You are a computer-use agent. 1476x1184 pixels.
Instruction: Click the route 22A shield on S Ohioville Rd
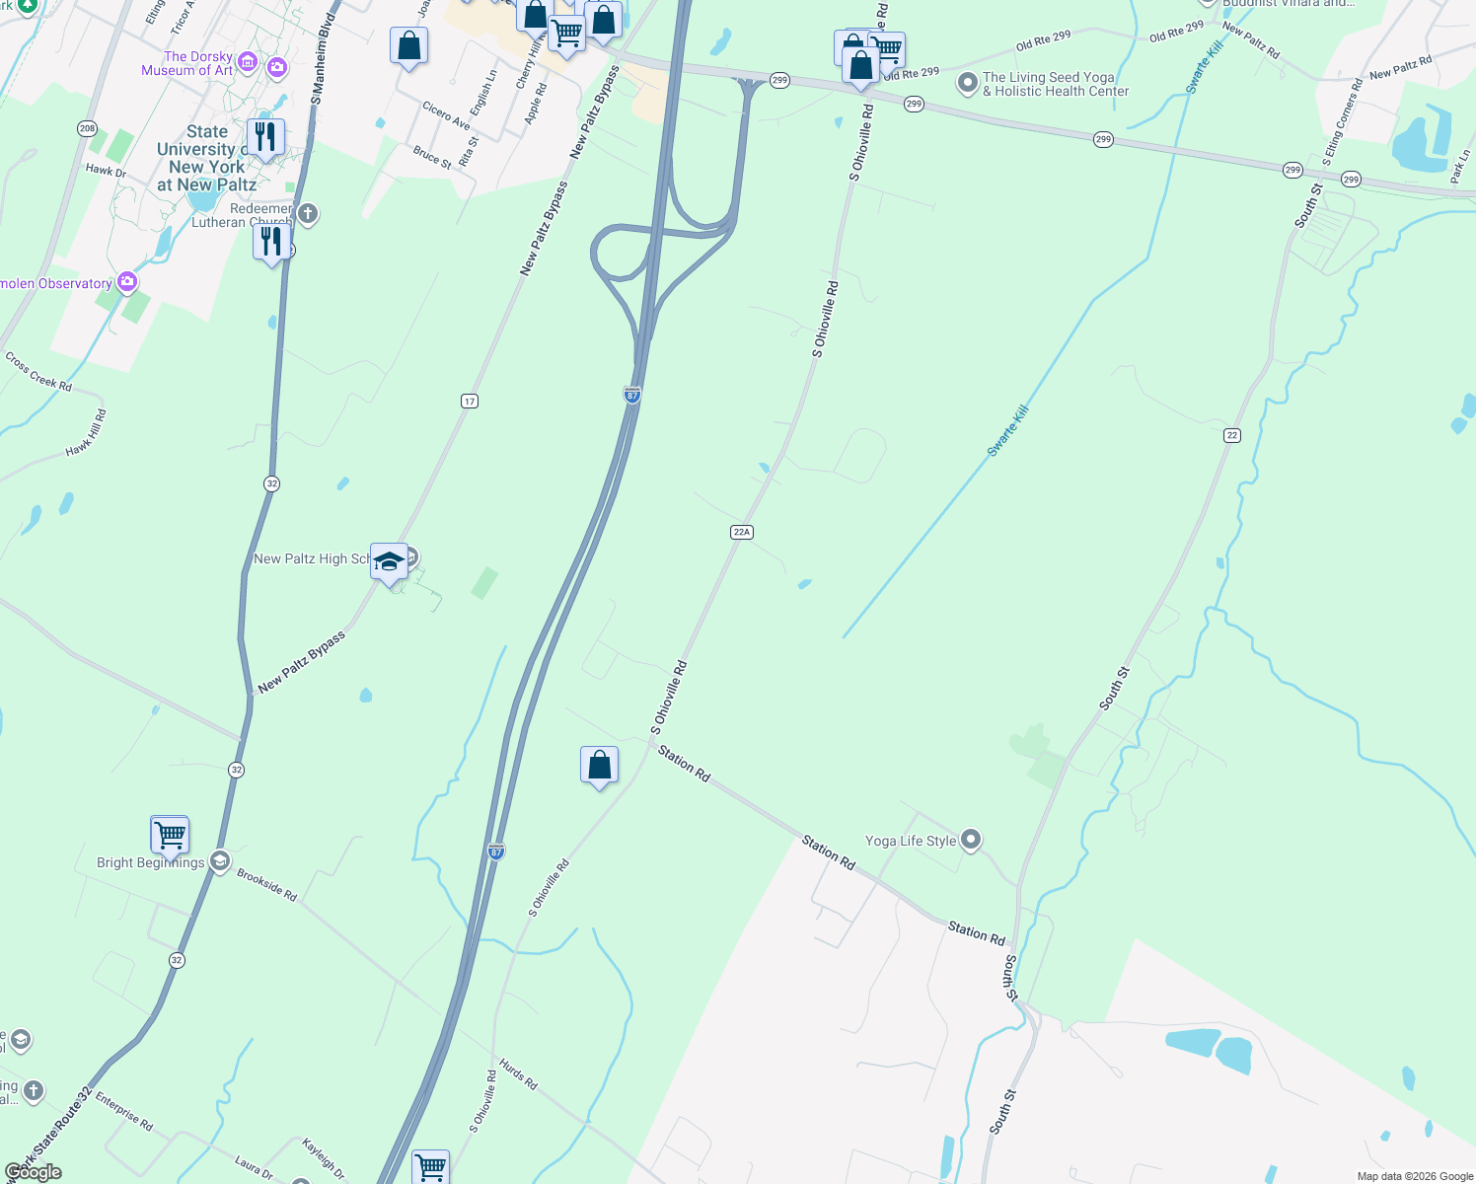(742, 532)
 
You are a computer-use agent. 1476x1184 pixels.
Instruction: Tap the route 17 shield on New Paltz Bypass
(470, 401)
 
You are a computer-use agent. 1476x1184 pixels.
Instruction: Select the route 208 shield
(87, 128)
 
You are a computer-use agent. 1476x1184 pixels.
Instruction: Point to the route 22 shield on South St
(1232, 435)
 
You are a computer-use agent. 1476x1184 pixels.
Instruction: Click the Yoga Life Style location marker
(971, 840)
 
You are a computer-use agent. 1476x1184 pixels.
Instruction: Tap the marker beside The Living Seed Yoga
(968, 83)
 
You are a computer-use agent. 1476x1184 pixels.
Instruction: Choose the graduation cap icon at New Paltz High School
(389, 562)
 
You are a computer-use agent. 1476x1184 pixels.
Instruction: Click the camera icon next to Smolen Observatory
(127, 283)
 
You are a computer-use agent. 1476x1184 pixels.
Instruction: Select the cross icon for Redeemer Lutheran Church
(308, 213)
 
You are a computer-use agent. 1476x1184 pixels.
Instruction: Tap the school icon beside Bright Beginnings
(220, 861)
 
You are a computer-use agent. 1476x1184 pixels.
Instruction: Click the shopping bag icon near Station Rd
(599, 765)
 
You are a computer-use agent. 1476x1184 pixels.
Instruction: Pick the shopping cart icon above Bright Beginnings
(170, 835)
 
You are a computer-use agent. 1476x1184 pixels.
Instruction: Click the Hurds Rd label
(518, 1073)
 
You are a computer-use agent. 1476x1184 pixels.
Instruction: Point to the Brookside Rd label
(266, 884)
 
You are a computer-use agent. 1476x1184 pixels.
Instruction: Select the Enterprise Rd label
(124, 1110)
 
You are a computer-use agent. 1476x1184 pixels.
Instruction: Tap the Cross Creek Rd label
(38, 372)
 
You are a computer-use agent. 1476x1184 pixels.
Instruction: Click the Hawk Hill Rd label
(86, 433)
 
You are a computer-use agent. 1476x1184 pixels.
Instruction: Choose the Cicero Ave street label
(446, 115)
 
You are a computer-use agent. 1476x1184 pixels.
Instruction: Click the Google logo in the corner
(33, 1172)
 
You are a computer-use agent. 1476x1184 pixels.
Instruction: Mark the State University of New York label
(205, 158)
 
